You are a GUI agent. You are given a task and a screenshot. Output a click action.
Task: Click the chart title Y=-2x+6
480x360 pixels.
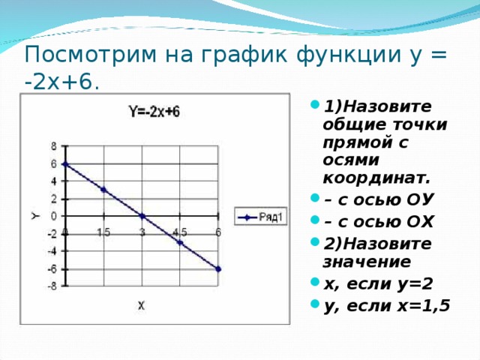click(x=154, y=112)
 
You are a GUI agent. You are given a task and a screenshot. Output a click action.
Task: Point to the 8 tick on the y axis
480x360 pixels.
click(x=53, y=145)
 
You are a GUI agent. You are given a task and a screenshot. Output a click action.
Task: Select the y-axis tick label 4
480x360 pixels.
click(x=53, y=181)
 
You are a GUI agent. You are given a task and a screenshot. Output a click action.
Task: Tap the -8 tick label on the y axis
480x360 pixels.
click(x=51, y=286)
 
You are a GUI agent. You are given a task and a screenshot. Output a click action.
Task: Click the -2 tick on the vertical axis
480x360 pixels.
click(x=51, y=234)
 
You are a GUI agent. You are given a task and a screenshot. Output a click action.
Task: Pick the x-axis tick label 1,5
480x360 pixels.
click(x=103, y=232)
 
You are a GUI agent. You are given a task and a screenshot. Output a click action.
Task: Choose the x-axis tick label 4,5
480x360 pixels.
click(x=180, y=232)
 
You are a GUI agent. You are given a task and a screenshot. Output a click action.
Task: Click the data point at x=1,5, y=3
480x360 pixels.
click(x=103, y=189)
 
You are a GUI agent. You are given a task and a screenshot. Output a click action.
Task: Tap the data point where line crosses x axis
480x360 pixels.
click(x=142, y=216)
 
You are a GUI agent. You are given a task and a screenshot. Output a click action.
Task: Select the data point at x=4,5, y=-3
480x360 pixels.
click(x=180, y=242)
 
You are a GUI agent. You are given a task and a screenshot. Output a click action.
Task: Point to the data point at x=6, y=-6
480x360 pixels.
click(x=218, y=268)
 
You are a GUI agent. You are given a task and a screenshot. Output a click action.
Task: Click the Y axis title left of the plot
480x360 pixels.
click(x=35, y=216)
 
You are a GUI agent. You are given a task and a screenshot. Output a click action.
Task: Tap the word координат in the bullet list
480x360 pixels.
click(x=376, y=178)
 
